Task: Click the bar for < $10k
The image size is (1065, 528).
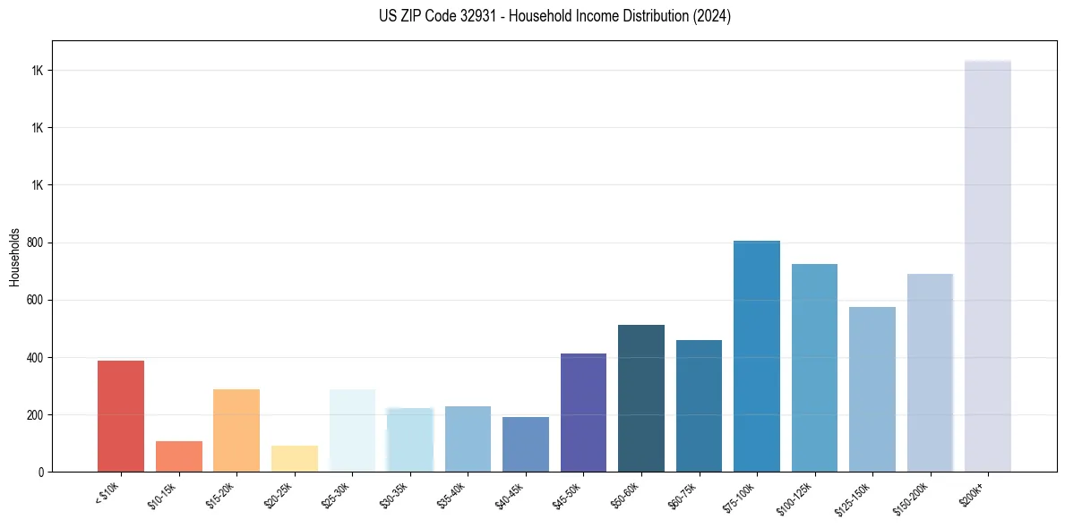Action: (x=121, y=416)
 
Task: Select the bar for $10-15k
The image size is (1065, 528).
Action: (x=178, y=456)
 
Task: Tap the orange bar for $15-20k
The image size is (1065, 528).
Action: (x=236, y=430)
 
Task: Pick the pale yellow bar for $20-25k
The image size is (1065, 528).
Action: (x=295, y=458)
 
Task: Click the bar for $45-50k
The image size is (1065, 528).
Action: (x=583, y=413)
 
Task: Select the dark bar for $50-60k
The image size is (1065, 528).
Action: (x=641, y=398)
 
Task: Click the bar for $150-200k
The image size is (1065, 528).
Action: (x=930, y=372)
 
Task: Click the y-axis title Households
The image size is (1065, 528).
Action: (x=14, y=256)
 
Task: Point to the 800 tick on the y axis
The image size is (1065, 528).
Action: (x=36, y=243)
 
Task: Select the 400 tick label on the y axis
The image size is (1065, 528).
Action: (x=36, y=357)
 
